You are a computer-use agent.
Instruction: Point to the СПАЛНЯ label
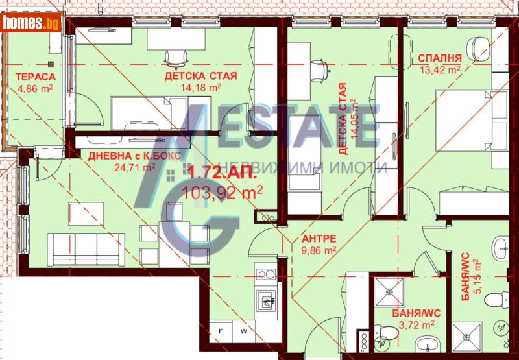pos(439,57)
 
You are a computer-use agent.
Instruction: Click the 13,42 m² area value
pos(439,69)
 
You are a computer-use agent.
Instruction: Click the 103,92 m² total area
pos(223,191)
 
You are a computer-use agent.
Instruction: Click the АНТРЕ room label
pos(317,237)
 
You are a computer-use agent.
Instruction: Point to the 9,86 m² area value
pos(318,248)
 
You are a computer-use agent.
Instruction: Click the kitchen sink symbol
pos(267,300)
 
